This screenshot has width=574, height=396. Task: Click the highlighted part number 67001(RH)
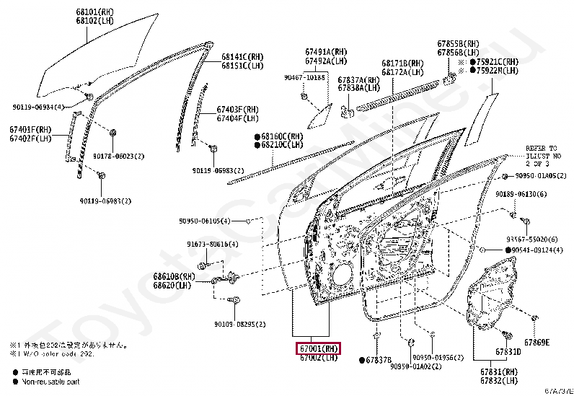tap(317, 348)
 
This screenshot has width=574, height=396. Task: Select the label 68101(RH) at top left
tap(97, 12)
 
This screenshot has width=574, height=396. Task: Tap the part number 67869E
tap(537, 342)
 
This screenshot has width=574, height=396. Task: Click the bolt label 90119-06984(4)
tap(38, 107)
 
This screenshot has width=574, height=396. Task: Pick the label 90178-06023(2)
tap(118, 156)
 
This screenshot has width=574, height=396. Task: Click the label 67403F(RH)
tap(237, 110)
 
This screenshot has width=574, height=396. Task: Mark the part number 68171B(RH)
tap(402, 63)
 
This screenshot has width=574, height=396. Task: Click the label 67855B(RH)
tap(457, 44)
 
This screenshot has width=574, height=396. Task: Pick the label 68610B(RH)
tap(174, 276)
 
